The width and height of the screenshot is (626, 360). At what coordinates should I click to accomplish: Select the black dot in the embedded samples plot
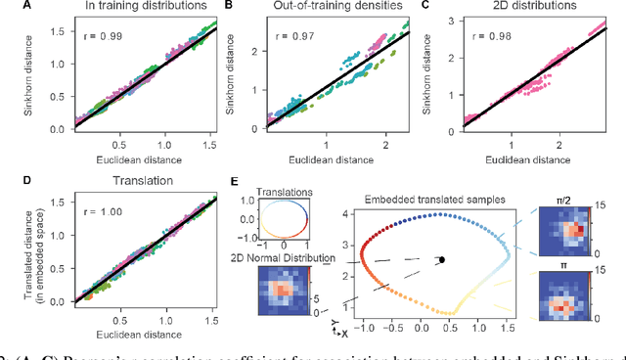coord(442,259)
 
